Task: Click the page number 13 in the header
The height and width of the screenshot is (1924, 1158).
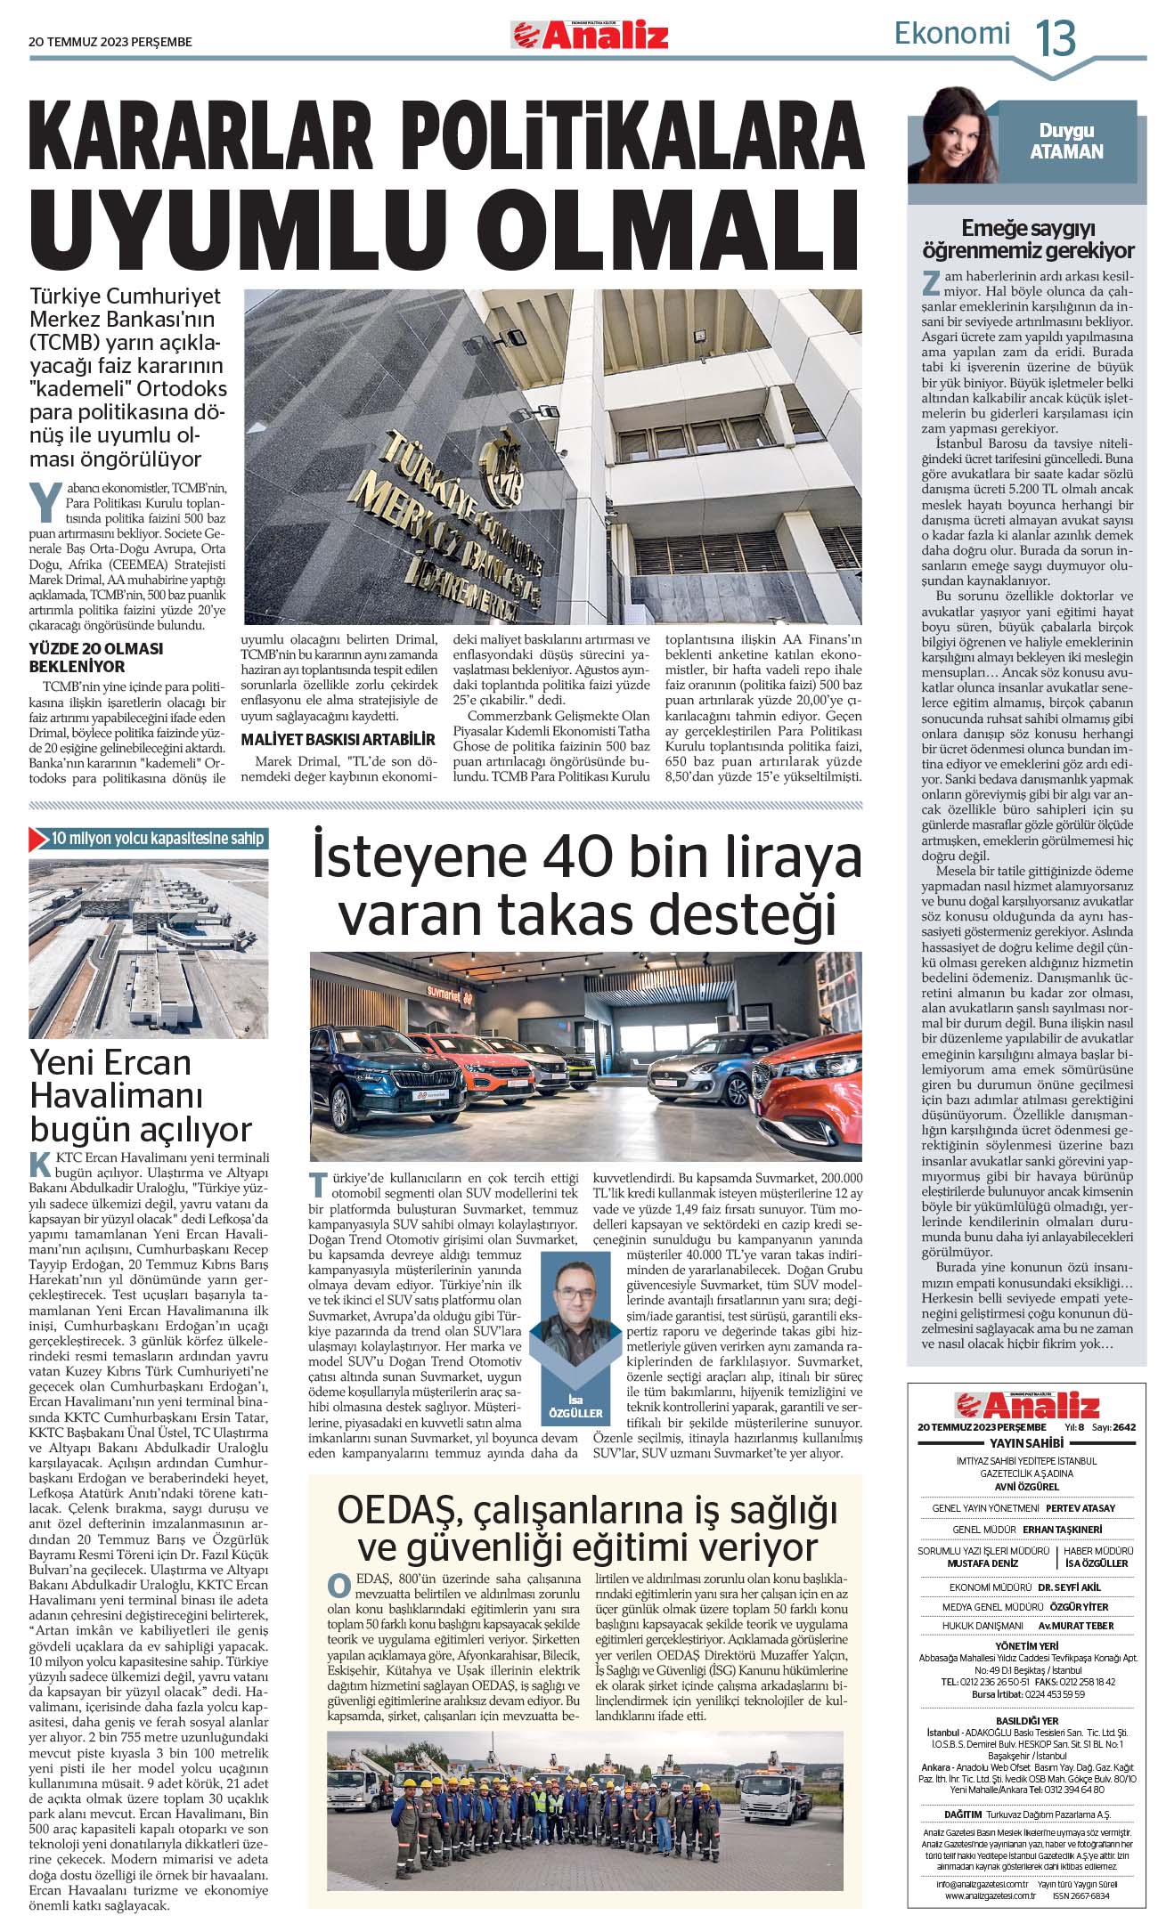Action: [x=1056, y=38]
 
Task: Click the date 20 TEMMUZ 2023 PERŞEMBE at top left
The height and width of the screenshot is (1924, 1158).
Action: [x=110, y=42]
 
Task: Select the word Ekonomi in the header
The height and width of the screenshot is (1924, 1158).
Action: [x=952, y=34]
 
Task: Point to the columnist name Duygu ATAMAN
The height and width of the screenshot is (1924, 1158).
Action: [x=1066, y=142]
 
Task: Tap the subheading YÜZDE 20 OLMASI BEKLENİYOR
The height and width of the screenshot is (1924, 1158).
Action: [x=96, y=657]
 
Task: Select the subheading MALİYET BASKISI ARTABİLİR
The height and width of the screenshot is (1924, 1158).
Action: [x=338, y=739]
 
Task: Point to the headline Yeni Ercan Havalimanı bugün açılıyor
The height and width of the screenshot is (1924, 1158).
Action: [x=141, y=1095]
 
